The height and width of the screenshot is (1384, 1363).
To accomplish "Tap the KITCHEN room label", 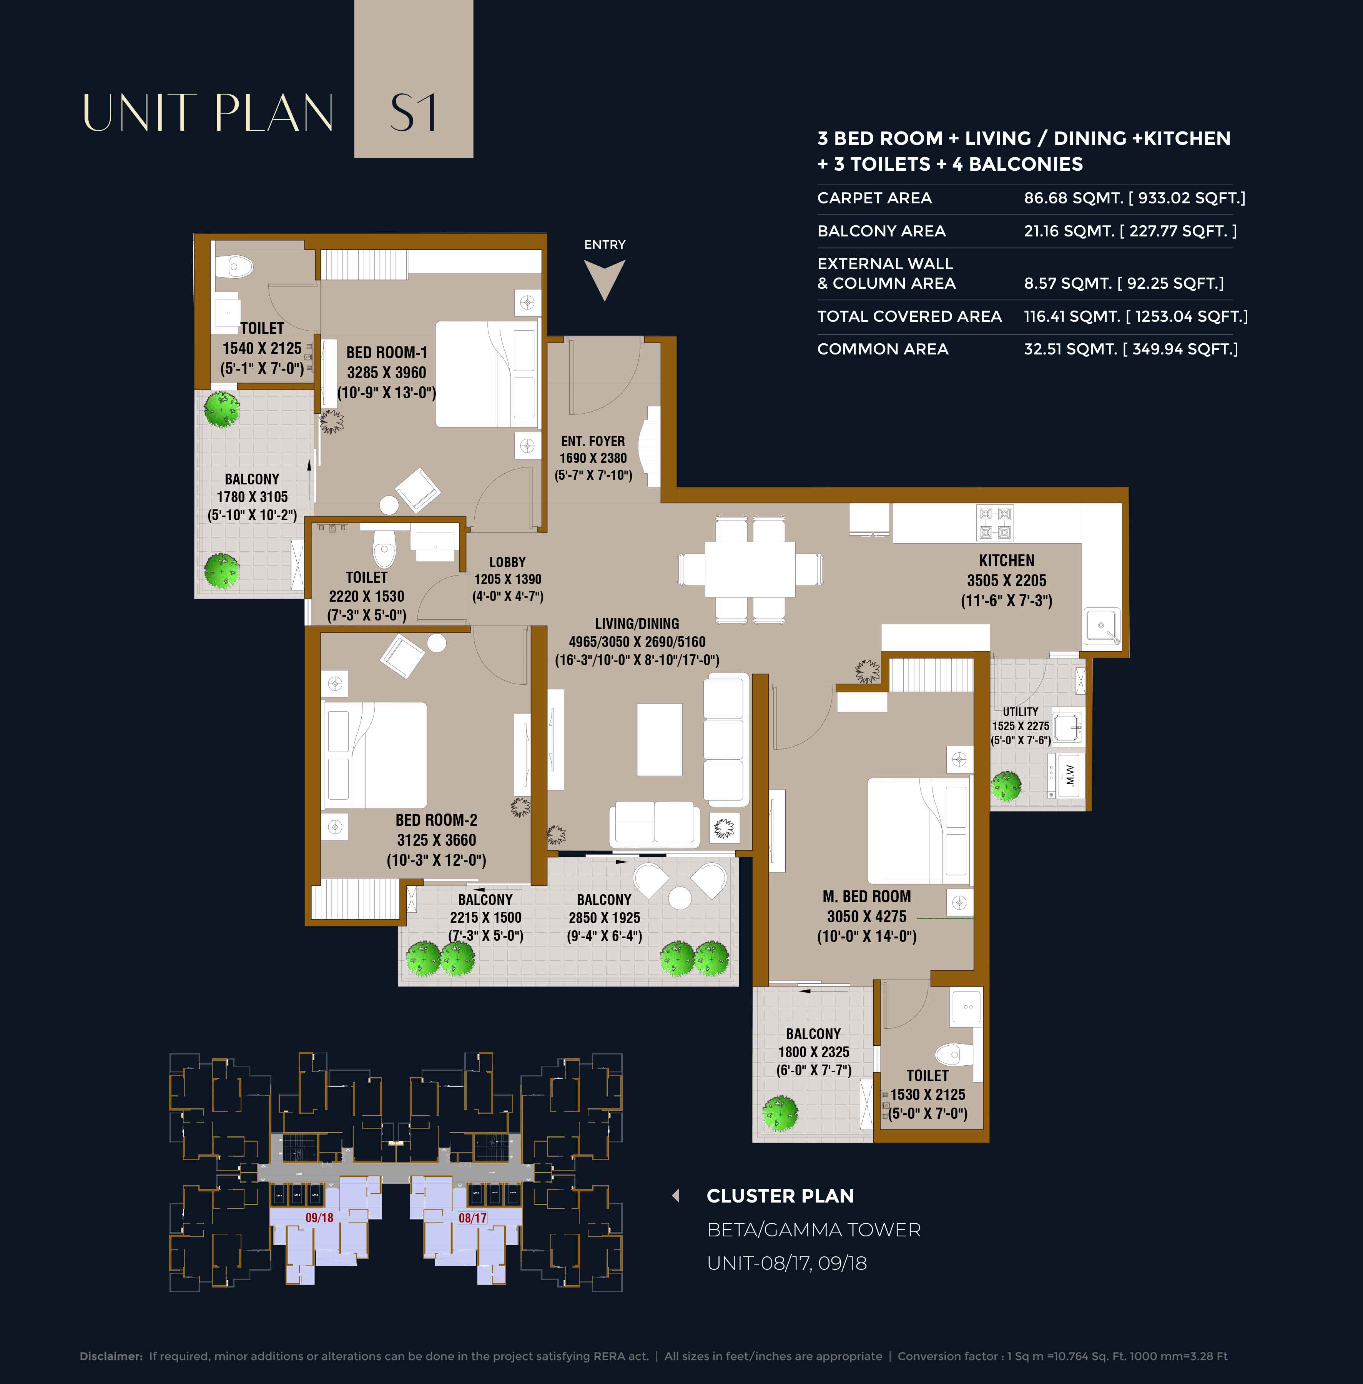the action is [1007, 561].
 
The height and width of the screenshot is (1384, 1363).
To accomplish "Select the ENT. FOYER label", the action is [593, 441].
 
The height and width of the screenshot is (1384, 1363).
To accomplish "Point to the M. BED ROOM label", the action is [867, 897].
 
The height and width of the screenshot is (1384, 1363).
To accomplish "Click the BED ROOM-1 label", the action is [387, 352].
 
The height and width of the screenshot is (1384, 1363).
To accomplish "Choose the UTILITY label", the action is [1020, 712].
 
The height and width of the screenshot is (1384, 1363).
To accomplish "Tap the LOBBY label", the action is [507, 562].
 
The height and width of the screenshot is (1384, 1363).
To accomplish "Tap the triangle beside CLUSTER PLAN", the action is [675, 1196].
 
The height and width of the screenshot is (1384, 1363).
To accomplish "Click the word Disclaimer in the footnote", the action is [111, 1356].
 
